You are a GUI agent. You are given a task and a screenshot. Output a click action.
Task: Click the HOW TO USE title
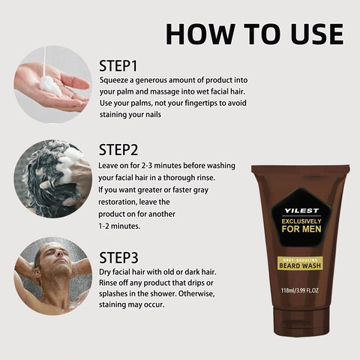[254, 34]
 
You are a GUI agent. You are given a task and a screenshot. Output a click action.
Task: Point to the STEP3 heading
[120, 251]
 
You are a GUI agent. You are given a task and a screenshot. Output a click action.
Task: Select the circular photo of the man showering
[52, 275]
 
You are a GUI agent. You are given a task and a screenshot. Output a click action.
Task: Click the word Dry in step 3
[107, 271]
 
